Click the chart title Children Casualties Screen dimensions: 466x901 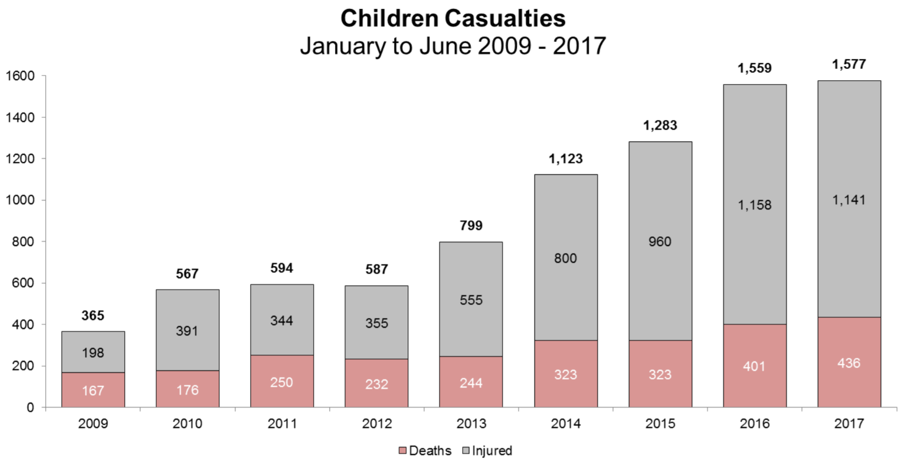(453, 19)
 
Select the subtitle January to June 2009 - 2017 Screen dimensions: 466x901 (453, 46)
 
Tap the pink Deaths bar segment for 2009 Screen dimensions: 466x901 (93, 390)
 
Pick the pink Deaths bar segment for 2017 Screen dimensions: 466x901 (849, 362)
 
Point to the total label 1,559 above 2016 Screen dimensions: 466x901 (754, 68)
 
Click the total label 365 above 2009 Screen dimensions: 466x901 (93, 316)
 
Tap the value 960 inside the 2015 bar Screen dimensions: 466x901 (660, 242)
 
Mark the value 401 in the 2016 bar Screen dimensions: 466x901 (754, 366)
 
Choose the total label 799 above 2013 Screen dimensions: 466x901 (471, 225)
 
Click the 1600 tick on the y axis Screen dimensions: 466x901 (20, 76)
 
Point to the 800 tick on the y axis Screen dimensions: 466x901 (23, 242)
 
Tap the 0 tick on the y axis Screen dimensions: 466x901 (30, 408)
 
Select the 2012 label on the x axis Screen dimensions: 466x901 (377, 423)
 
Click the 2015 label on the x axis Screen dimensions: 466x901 (660, 423)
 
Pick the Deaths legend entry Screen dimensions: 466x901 (425, 451)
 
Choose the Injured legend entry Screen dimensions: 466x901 (487, 451)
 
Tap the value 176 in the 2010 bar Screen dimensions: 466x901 (187, 390)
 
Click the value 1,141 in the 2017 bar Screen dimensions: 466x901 (849, 200)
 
